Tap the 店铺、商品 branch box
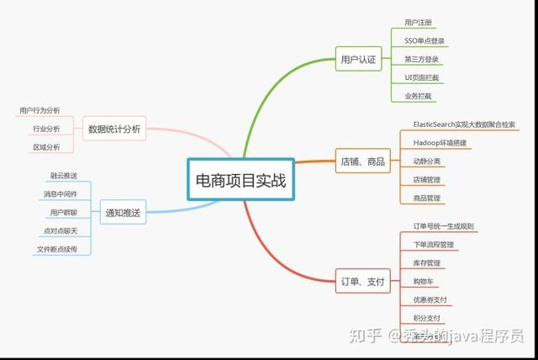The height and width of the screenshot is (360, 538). [363, 161]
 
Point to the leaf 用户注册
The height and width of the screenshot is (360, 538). [418, 23]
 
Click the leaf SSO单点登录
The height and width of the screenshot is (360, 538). [425, 40]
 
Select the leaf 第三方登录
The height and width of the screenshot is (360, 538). [421, 59]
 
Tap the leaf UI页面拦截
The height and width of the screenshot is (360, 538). [421, 77]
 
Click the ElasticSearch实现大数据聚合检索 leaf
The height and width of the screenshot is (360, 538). [464, 124]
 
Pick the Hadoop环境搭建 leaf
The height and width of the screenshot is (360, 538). [440, 143]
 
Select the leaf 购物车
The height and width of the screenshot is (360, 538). [424, 281]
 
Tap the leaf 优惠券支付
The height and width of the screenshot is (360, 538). [430, 299]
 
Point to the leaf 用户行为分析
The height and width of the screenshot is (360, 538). [40, 110]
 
